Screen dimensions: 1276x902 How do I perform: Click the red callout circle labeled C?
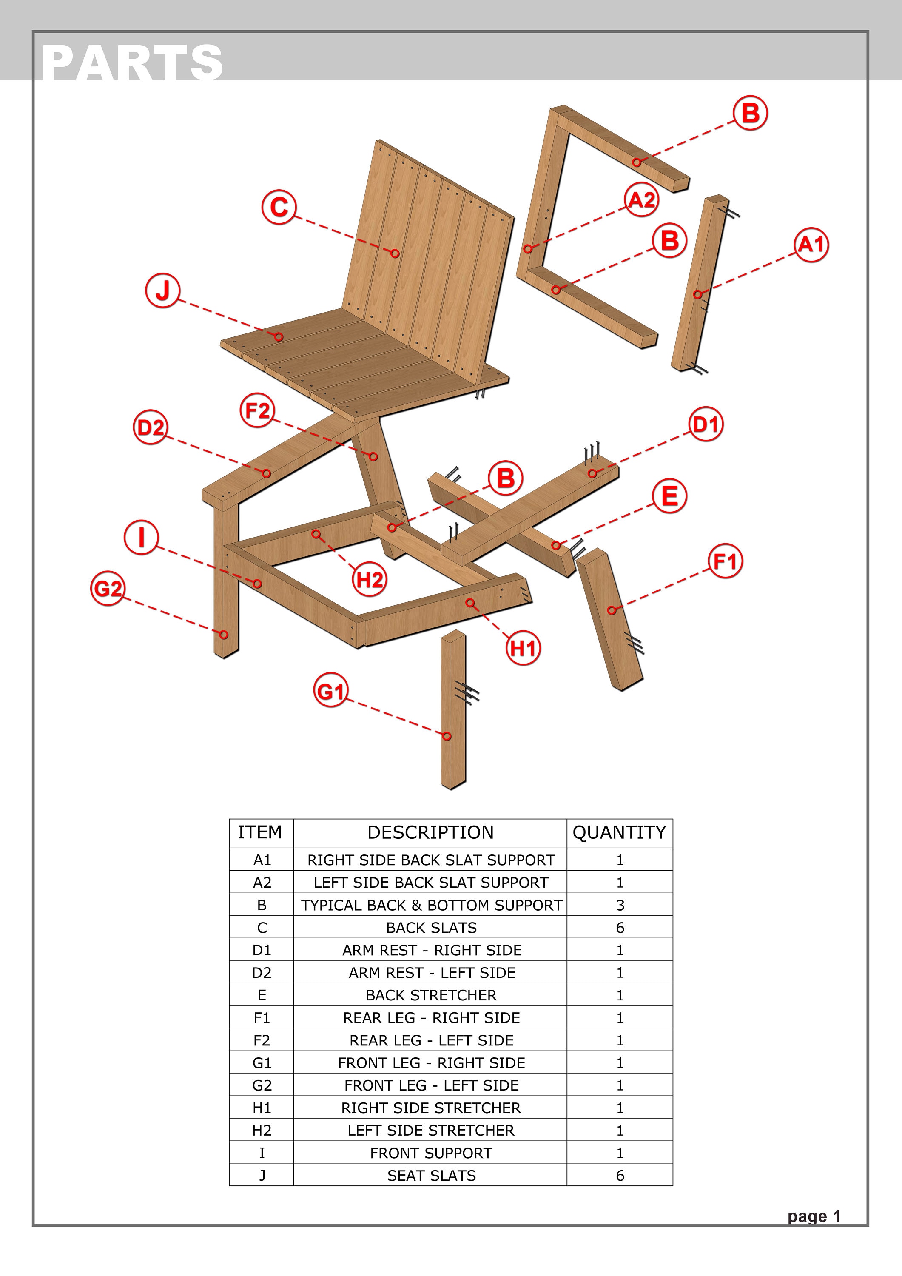pos(279,207)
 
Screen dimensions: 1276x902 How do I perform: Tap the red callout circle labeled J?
pos(162,290)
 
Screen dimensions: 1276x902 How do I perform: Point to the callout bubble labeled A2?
pos(641,199)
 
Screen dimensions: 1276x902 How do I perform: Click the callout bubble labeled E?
pos(670,495)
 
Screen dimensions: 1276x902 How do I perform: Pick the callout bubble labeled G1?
pos(331,690)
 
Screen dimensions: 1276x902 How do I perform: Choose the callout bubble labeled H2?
pos(369,580)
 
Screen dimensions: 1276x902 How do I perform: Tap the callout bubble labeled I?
pos(141,538)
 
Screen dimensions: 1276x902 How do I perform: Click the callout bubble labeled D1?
pos(706,424)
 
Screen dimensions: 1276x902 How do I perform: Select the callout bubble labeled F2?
pos(257,411)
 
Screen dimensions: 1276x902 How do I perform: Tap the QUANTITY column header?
pos(619,832)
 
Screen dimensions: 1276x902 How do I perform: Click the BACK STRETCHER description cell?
pos(431,995)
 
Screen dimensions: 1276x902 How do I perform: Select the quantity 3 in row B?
pos(620,905)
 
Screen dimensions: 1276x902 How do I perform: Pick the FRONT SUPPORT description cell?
pos(431,1153)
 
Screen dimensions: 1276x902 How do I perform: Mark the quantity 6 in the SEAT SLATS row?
pos(620,1176)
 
